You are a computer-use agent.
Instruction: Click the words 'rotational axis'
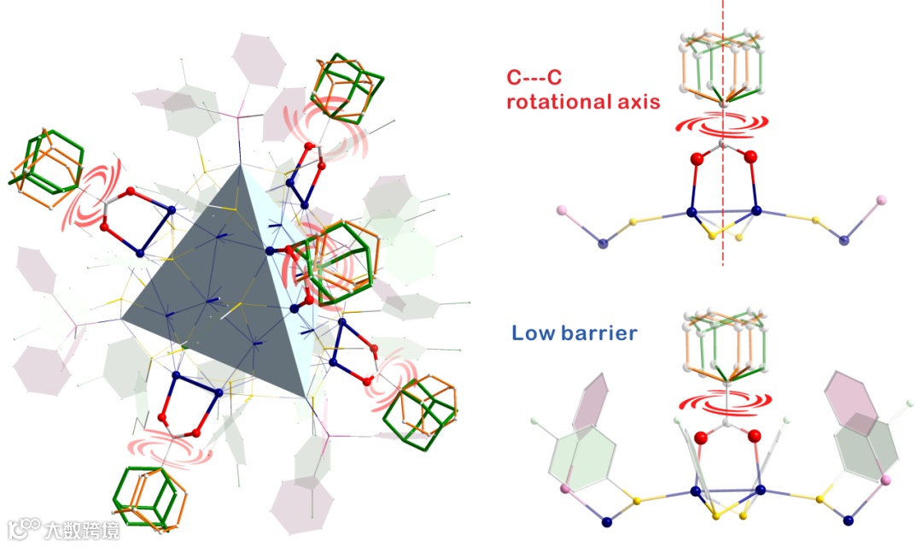[x=582, y=102]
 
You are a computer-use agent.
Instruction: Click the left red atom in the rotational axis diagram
[x=697, y=158]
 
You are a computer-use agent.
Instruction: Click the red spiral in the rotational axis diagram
[x=721, y=125]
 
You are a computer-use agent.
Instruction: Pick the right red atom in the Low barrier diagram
[x=754, y=438]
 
